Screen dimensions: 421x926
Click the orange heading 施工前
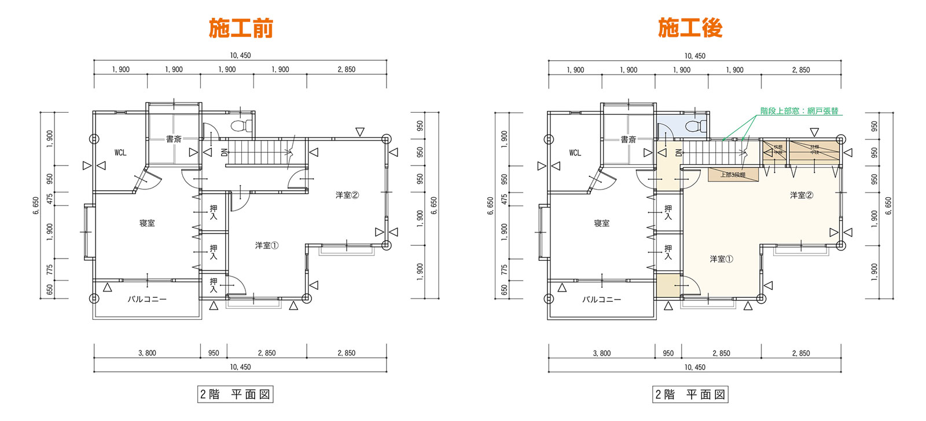(x=241, y=28)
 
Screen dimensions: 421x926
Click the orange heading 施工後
(x=690, y=28)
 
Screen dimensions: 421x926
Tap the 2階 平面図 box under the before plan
(x=235, y=394)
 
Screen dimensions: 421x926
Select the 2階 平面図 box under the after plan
(x=690, y=394)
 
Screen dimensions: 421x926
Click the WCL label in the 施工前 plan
(x=120, y=153)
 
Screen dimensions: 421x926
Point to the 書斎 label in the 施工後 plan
(x=629, y=139)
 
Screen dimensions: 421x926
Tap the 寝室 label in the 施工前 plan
(x=147, y=223)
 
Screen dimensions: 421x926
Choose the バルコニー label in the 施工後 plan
(x=602, y=300)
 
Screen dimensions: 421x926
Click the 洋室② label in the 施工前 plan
(x=347, y=195)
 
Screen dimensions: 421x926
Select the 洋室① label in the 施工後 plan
(x=721, y=259)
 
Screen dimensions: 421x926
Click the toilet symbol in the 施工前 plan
(x=241, y=125)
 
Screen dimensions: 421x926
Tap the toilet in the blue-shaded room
(x=696, y=125)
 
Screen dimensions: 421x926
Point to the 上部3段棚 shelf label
(x=733, y=175)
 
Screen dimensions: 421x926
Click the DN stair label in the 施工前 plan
(x=224, y=153)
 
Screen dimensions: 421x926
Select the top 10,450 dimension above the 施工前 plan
(x=240, y=56)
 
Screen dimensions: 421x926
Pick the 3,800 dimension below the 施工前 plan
(x=147, y=353)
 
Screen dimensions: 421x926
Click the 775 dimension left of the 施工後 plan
(x=504, y=269)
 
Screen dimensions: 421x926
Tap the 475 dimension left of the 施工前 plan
(x=50, y=198)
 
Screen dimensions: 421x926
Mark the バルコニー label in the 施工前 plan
(x=147, y=300)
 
